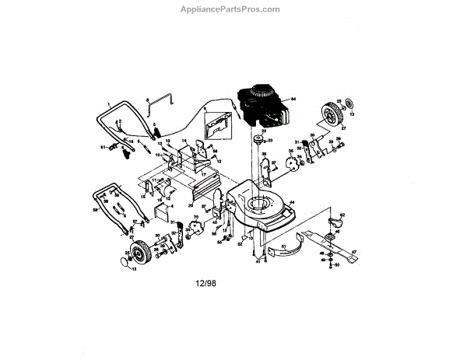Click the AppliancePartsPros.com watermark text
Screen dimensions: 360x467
coord(233,10)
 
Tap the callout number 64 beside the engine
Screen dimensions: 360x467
coord(294,100)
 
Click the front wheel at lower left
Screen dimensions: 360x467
coord(138,253)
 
